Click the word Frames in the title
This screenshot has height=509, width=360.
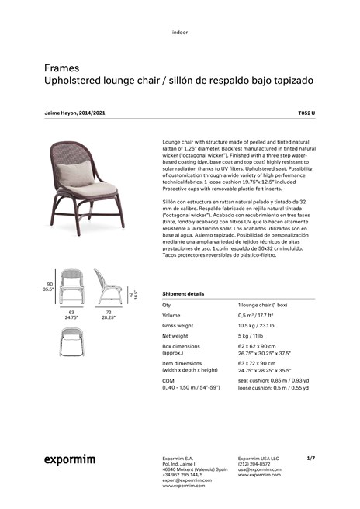pos(61,68)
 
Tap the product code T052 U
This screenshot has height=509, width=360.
pos(307,113)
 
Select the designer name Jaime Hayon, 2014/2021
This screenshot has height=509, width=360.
pos(75,113)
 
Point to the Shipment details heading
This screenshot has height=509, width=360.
pos(184,294)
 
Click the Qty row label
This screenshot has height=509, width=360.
pos(168,306)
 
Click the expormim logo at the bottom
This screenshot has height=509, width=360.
pos(69,460)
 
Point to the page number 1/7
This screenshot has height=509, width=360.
pos(310,459)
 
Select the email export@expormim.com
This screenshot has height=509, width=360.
pos(187,480)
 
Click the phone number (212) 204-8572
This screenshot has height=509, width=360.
pos(254,464)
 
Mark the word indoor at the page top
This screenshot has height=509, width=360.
pos(180,32)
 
